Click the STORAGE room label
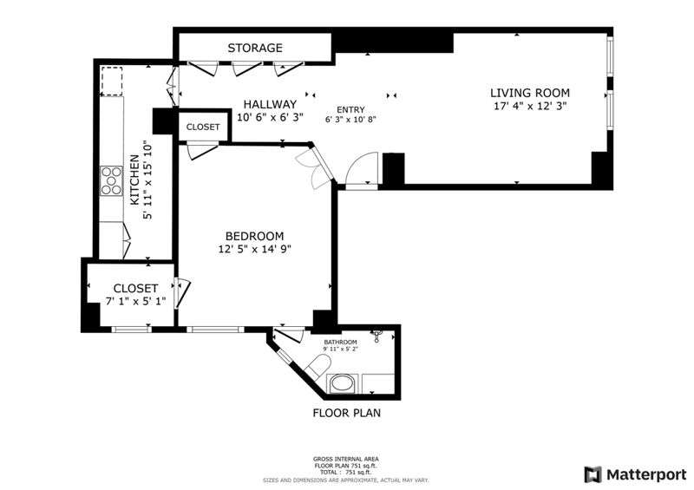255,48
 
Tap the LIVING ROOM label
530,93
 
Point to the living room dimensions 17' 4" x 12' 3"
530,106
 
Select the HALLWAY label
270,104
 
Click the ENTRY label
350,110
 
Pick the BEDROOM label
254,237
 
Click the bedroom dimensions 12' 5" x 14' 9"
254,249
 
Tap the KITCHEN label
134,180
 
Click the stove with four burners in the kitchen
112,180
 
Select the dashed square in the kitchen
112,82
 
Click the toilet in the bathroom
318,367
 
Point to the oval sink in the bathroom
343,382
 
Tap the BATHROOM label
340,343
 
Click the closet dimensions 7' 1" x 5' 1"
136,302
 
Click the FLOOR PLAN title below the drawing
346,413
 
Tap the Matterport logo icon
593,474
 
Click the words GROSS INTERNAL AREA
345,460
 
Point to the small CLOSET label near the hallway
203,127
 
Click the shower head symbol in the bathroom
376,335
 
